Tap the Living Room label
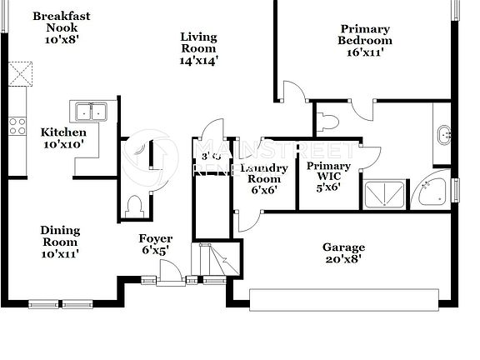(198, 48)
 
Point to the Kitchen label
(63, 137)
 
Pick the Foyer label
(156, 244)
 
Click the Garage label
(343, 252)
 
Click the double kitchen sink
(91, 112)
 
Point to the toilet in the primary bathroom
(330, 122)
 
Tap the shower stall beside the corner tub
(385, 194)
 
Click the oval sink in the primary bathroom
(444, 133)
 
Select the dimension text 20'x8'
(343, 259)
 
